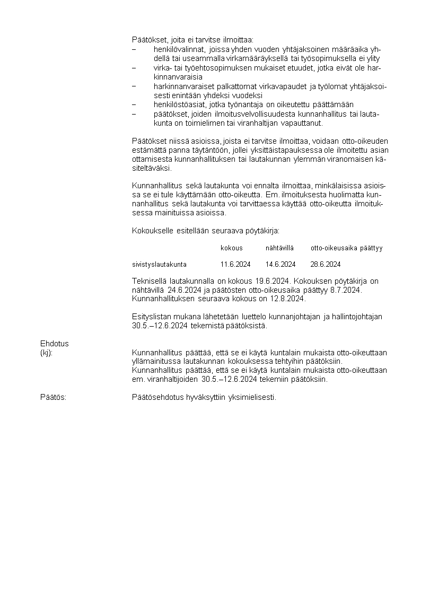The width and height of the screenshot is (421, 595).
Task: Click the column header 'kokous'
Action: (x=232, y=248)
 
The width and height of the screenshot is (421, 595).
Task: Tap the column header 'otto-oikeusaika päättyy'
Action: (x=346, y=248)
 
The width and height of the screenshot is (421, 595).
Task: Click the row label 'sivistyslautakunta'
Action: (x=159, y=264)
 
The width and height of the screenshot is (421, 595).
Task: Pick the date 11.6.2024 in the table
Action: (x=235, y=264)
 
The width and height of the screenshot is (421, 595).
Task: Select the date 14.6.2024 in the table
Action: (x=280, y=264)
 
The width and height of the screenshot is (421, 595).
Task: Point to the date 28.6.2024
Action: (x=326, y=264)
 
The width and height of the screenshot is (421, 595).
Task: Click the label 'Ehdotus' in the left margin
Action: (x=55, y=344)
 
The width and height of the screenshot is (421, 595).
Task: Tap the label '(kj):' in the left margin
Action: (x=47, y=353)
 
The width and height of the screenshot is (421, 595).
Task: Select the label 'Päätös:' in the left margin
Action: (x=54, y=397)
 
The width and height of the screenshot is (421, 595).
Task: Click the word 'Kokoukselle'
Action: (x=153, y=231)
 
